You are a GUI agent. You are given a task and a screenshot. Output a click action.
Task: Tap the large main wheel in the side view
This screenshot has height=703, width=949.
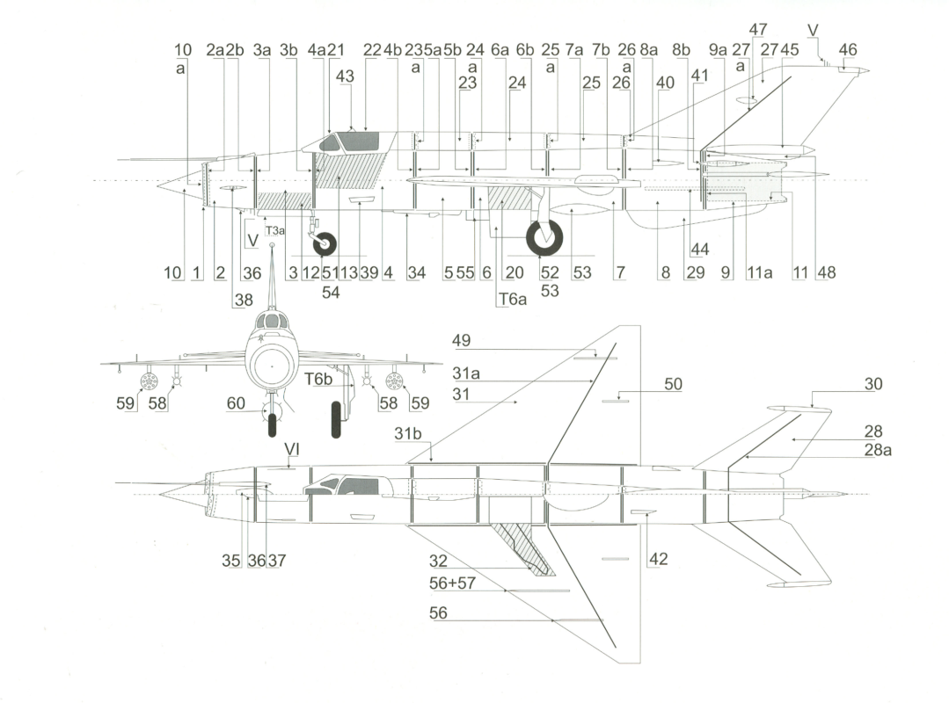point(544,239)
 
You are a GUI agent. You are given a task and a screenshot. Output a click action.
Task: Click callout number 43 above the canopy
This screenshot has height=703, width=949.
point(346,76)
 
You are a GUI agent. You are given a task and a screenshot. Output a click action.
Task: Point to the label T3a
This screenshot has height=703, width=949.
point(275,230)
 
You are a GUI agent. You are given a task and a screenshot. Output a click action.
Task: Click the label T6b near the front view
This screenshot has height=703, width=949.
point(318,379)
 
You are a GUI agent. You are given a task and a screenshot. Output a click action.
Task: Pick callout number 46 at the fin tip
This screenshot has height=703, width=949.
point(848,51)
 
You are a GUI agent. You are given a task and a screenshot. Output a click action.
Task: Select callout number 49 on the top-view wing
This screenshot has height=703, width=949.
point(463,340)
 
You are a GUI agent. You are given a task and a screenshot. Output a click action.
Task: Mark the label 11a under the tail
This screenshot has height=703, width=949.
point(759,273)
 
